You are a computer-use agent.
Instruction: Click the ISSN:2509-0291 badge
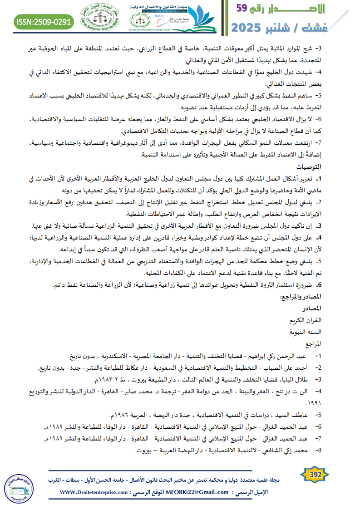(x=44, y=21)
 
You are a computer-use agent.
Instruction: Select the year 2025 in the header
(x=249, y=28)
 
